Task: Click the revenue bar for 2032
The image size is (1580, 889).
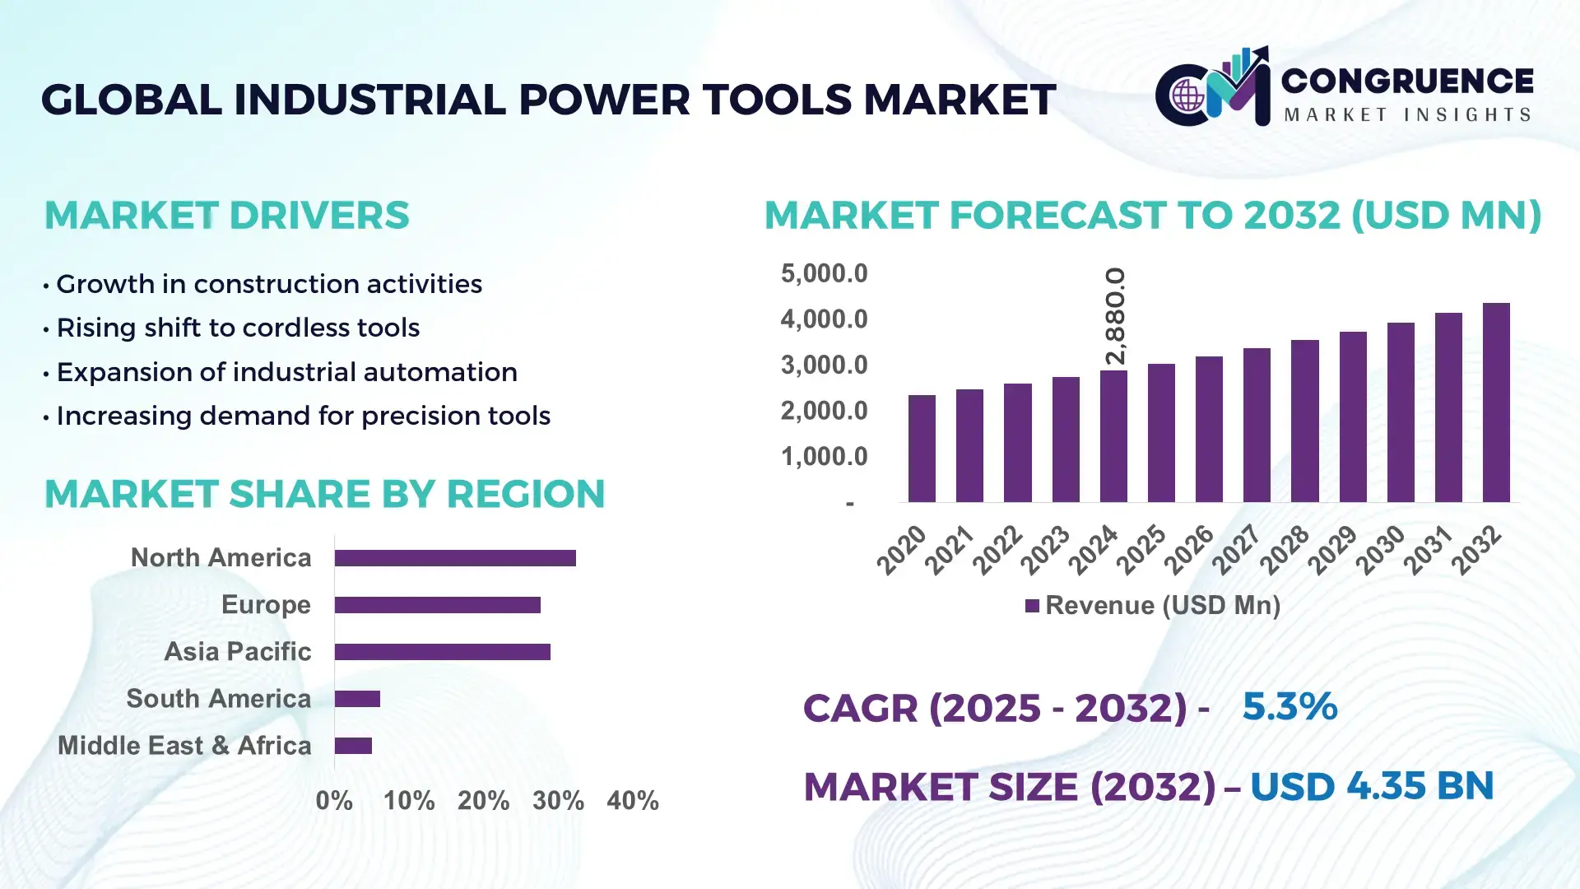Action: coord(1495,403)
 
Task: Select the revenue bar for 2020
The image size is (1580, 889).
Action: coord(922,449)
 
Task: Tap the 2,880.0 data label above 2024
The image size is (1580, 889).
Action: coord(1115,316)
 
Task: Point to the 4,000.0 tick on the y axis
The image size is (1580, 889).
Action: coord(824,319)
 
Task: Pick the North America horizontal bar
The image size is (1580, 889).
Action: coord(455,558)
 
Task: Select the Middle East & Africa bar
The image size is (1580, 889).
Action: coord(353,746)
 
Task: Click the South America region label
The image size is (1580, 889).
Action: coord(219,699)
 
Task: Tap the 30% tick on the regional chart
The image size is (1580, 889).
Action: coord(558,800)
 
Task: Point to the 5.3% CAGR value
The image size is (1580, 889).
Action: coord(1290,706)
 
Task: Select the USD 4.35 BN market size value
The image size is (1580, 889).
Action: coord(1372,786)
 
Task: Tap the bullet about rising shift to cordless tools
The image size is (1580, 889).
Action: coord(238,328)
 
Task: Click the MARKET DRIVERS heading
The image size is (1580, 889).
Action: coord(227,216)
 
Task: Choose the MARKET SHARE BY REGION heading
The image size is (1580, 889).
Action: coord(325,494)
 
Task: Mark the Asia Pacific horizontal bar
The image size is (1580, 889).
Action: coord(442,652)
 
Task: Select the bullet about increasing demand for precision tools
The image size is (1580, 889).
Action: coord(303,416)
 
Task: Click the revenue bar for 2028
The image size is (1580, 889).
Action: coord(1304,421)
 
